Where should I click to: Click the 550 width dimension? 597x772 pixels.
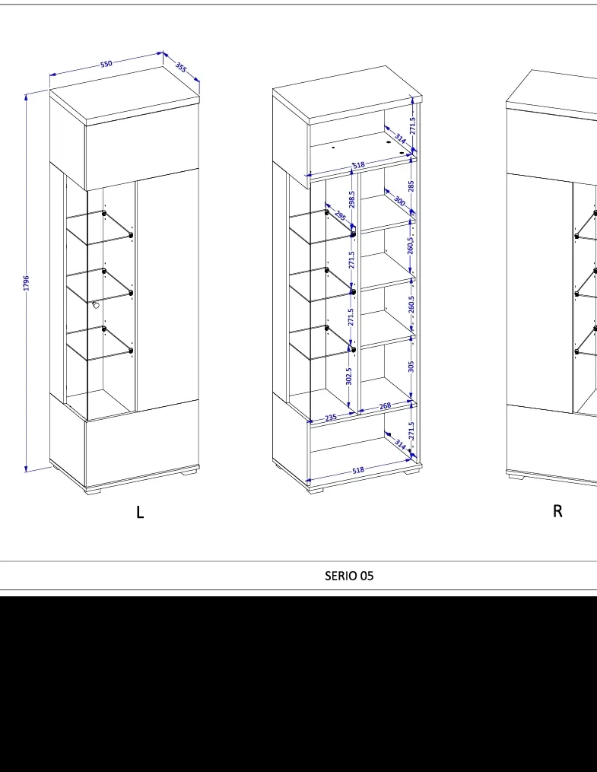pyautogui.click(x=106, y=64)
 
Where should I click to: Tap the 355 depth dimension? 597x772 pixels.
pyautogui.click(x=181, y=68)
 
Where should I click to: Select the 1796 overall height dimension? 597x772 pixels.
pyautogui.click(x=26, y=283)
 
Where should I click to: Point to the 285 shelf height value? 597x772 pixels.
pyautogui.click(x=411, y=186)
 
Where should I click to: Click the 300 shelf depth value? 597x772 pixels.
pyautogui.click(x=399, y=201)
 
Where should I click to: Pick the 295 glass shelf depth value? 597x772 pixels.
pyautogui.click(x=340, y=215)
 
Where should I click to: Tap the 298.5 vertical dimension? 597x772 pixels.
pyautogui.click(x=351, y=199)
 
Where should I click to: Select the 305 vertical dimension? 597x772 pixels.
pyautogui.click(x=411, y=367)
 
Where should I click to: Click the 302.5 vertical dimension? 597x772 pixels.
pyautogui.click(x=348, y=376)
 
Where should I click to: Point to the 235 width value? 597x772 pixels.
pyautogui.click(x=331, y=418)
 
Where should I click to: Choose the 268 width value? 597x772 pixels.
pyautogui.click(x=385, y=405)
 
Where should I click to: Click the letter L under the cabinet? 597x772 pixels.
pyautogui.click(x=140, y=512)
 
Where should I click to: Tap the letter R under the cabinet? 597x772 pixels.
pyautogui.click(x=557, y=511)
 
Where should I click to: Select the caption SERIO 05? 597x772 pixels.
pyautogui.click(x=349, y=576)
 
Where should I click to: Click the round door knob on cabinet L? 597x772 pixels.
pyautogui.click(x=96, y=305)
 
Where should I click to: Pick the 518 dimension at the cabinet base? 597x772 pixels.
pyautogui.click(x=358, y=470)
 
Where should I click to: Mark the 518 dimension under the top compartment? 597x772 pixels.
pyautogui.click(x=359, y=165)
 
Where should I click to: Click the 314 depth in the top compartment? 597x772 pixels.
pyautogui.click(x=401, y=139)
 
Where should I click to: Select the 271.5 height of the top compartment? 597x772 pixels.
pyautogui.click(x=412, y=125)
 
